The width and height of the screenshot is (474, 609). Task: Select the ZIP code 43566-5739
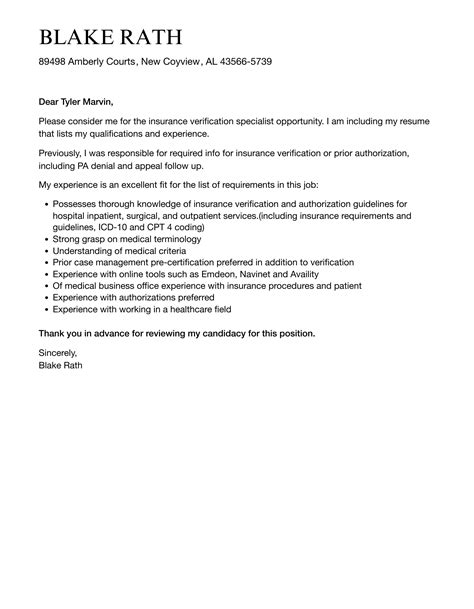pyautogui.click(x=240, y=62)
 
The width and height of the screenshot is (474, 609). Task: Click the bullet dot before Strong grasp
pyautogui.click(x=47, y=240)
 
